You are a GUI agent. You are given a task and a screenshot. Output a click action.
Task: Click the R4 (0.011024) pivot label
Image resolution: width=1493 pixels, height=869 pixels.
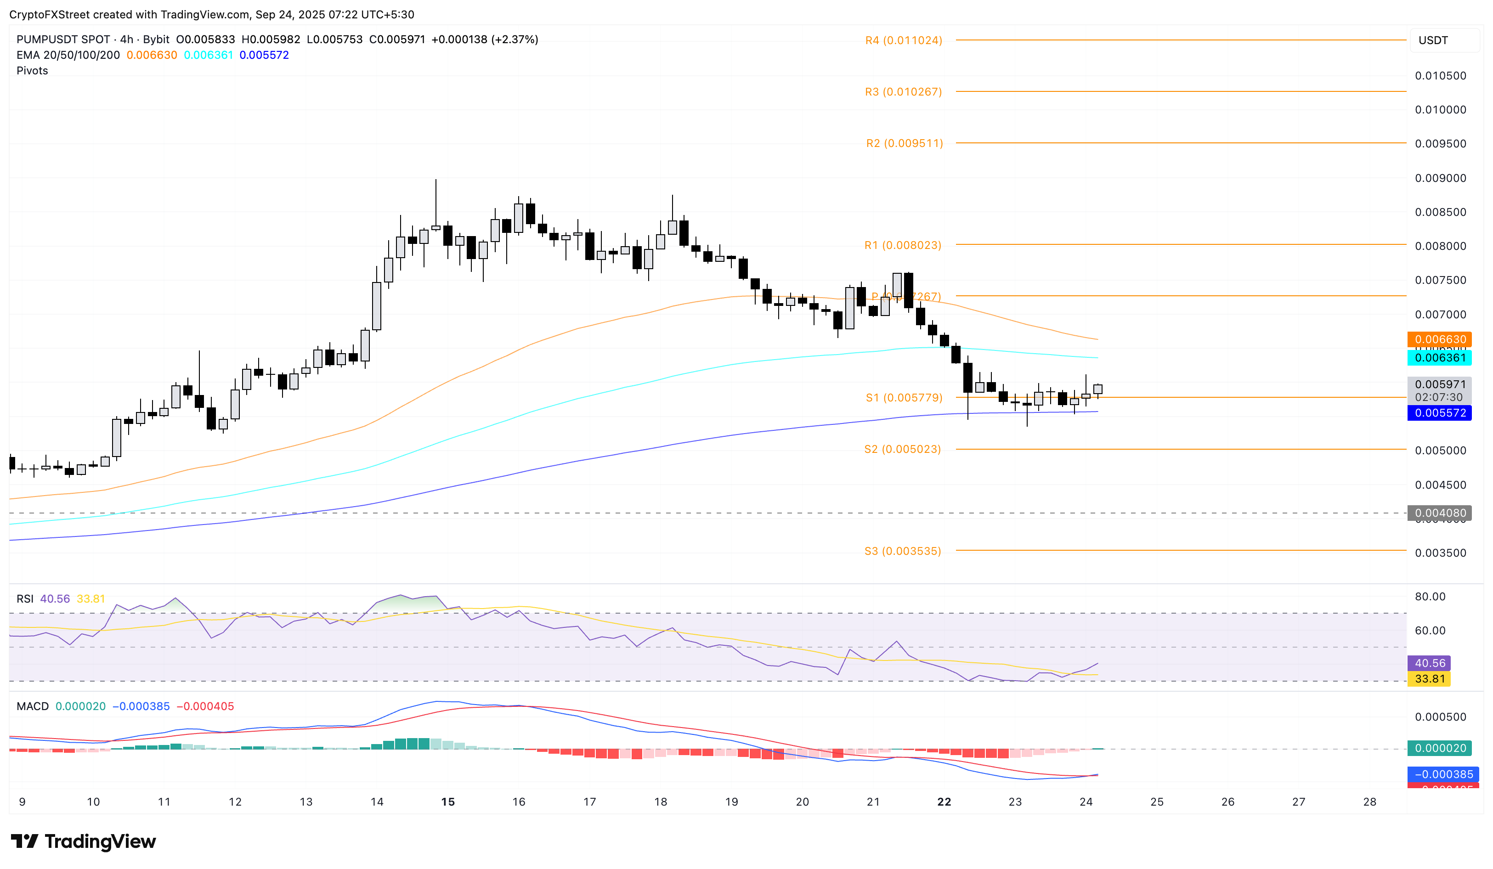pos(903,40)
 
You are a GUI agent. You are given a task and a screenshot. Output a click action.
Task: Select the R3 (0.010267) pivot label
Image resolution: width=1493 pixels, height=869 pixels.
pos(903,92)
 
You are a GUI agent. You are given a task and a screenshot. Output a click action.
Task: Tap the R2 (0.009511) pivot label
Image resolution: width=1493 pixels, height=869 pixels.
pos(904,143)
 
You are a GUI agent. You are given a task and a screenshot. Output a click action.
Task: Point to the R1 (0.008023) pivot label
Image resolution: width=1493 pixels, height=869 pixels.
pos(902,245)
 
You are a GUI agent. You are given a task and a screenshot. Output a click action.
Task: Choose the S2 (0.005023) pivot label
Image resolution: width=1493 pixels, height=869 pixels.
pos(902,449)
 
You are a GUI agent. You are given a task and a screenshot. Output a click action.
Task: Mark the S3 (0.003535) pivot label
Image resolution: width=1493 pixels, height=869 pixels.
pos(902,551)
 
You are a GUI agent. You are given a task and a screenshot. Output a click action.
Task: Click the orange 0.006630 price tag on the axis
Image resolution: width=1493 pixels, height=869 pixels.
pos(1440,339)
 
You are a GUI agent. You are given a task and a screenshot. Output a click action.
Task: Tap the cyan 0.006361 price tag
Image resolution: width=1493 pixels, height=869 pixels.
pos(1440,357)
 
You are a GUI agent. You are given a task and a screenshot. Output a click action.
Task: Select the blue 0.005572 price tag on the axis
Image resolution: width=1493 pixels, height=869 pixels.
pos(1440,413)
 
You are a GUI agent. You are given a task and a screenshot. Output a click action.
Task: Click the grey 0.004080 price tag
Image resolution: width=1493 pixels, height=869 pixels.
pos(1440,513)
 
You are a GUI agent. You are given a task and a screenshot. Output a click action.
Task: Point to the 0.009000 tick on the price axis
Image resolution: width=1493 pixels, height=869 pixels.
pos(1440,178)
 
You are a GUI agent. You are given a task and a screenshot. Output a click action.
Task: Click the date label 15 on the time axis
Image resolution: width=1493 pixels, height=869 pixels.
pos(448,801)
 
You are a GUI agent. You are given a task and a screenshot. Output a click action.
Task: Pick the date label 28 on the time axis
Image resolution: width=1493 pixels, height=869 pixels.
pos(1369,801)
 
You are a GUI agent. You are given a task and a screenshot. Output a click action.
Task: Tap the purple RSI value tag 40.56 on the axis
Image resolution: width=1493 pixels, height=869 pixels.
pos(1430,663)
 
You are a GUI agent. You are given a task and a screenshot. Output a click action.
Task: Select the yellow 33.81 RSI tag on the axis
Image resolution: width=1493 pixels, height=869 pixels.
pos(1430,679)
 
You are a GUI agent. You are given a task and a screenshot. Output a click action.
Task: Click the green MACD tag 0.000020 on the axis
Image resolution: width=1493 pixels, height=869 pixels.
pos(1440,748)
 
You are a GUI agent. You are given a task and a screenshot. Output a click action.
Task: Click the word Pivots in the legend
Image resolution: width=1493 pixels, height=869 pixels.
pos(32,70)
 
